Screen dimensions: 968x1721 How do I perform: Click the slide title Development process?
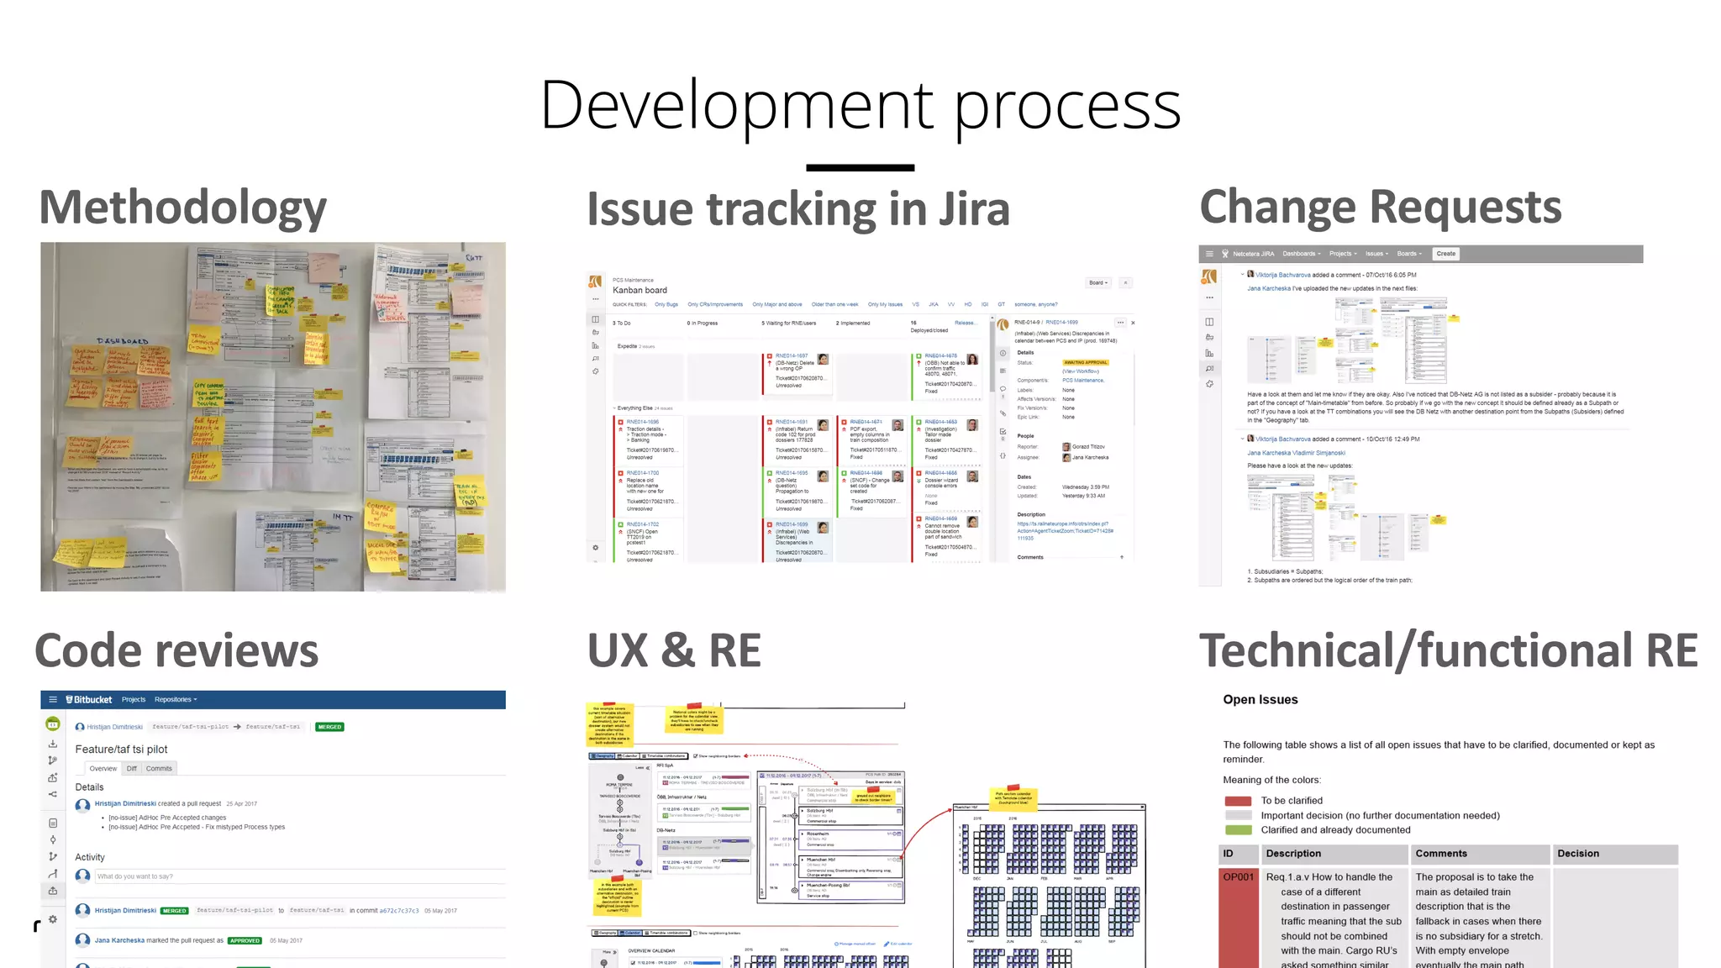(x=860, y=105)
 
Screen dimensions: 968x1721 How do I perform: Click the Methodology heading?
(x=182, y=208)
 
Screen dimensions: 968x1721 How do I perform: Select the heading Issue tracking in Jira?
(x=797, y=209)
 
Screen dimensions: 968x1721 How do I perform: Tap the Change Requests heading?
(x=1380, y=208)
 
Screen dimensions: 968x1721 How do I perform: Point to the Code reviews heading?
(x=176, y=651)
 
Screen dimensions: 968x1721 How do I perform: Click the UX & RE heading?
(x=674, y=651)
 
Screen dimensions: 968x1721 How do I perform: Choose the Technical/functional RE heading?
(x=1448, y=651)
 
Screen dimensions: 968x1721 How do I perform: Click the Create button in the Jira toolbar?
(x=1445, y=254)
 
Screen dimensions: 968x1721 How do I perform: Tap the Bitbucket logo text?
(x=92, y=699)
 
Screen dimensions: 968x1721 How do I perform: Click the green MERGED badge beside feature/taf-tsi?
(x=329, y=727)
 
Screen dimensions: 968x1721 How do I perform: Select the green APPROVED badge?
(x=245, y=940)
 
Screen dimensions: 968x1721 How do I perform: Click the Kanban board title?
(x=639, y=290)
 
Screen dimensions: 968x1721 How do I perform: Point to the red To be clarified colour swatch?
(x=1238, y=801)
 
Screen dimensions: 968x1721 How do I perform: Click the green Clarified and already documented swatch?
(x=1238, y=830)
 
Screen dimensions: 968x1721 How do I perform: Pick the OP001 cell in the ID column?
(x=1238, y=877)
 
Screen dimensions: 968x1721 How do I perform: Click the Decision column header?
(x=1577, y=854)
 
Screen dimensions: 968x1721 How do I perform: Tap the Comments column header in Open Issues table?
(x=1440, y=854)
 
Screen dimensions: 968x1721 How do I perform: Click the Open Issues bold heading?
(x=1260, y=700)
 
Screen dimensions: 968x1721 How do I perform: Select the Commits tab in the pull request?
(x=159, y=768)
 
